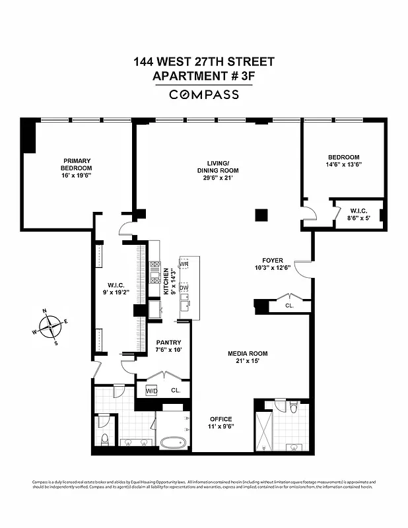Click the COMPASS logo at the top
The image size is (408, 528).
(204, 94)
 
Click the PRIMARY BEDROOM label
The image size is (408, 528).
(77, 168)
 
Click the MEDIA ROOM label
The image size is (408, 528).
(248, 358)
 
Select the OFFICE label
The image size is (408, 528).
(221, 422)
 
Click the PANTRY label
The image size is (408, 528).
(168, 346)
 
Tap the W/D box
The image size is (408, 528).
(152, 391)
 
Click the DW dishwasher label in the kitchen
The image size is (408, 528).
(184, 288)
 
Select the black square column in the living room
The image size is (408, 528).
(262, 214)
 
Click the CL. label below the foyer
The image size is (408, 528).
(289, 306)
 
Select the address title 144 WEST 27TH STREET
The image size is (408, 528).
(204, 62)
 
